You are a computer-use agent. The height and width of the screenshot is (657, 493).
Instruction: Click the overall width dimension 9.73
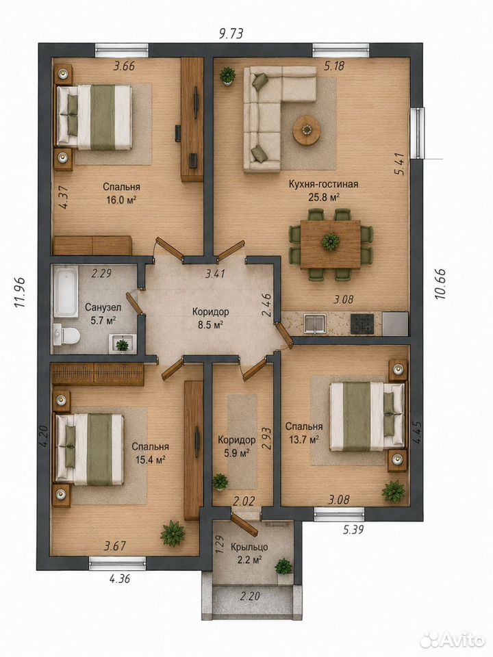pos(231,34)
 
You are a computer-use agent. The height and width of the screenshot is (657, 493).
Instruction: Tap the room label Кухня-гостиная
pos(323,184)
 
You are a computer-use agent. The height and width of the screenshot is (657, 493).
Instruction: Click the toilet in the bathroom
pos(67,335)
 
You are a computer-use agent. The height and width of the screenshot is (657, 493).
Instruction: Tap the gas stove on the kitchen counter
pos(362,324)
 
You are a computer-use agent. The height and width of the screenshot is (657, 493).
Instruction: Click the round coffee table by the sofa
pos(307,130)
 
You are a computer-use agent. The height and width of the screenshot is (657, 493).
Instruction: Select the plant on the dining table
pos(331,242)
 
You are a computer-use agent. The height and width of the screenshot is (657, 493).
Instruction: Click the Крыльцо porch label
pos(249,547)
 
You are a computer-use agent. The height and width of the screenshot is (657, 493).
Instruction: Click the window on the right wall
pos(418,133)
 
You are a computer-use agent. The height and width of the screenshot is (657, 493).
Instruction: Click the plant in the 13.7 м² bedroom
pos(394,492)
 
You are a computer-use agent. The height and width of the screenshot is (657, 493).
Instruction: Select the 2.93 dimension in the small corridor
pos(266,438)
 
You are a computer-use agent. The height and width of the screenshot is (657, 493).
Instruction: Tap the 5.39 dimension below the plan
pos(353,530)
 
